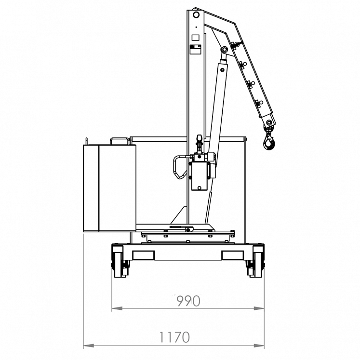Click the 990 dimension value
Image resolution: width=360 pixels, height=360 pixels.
click(188, 301)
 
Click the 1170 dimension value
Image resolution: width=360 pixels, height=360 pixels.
click(174, 337)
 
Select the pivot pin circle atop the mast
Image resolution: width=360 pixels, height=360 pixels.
click(196, 15)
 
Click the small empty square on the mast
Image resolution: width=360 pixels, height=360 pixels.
click(195, 37)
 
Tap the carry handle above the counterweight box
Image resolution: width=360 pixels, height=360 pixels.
click(120, 140)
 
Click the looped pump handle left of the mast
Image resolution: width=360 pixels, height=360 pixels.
click(178, 167)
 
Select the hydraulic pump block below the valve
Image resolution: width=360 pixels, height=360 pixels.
click(200, 176)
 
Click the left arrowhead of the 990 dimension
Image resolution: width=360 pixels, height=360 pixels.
click(115, 308)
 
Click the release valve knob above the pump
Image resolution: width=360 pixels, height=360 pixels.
click(198, 143)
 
